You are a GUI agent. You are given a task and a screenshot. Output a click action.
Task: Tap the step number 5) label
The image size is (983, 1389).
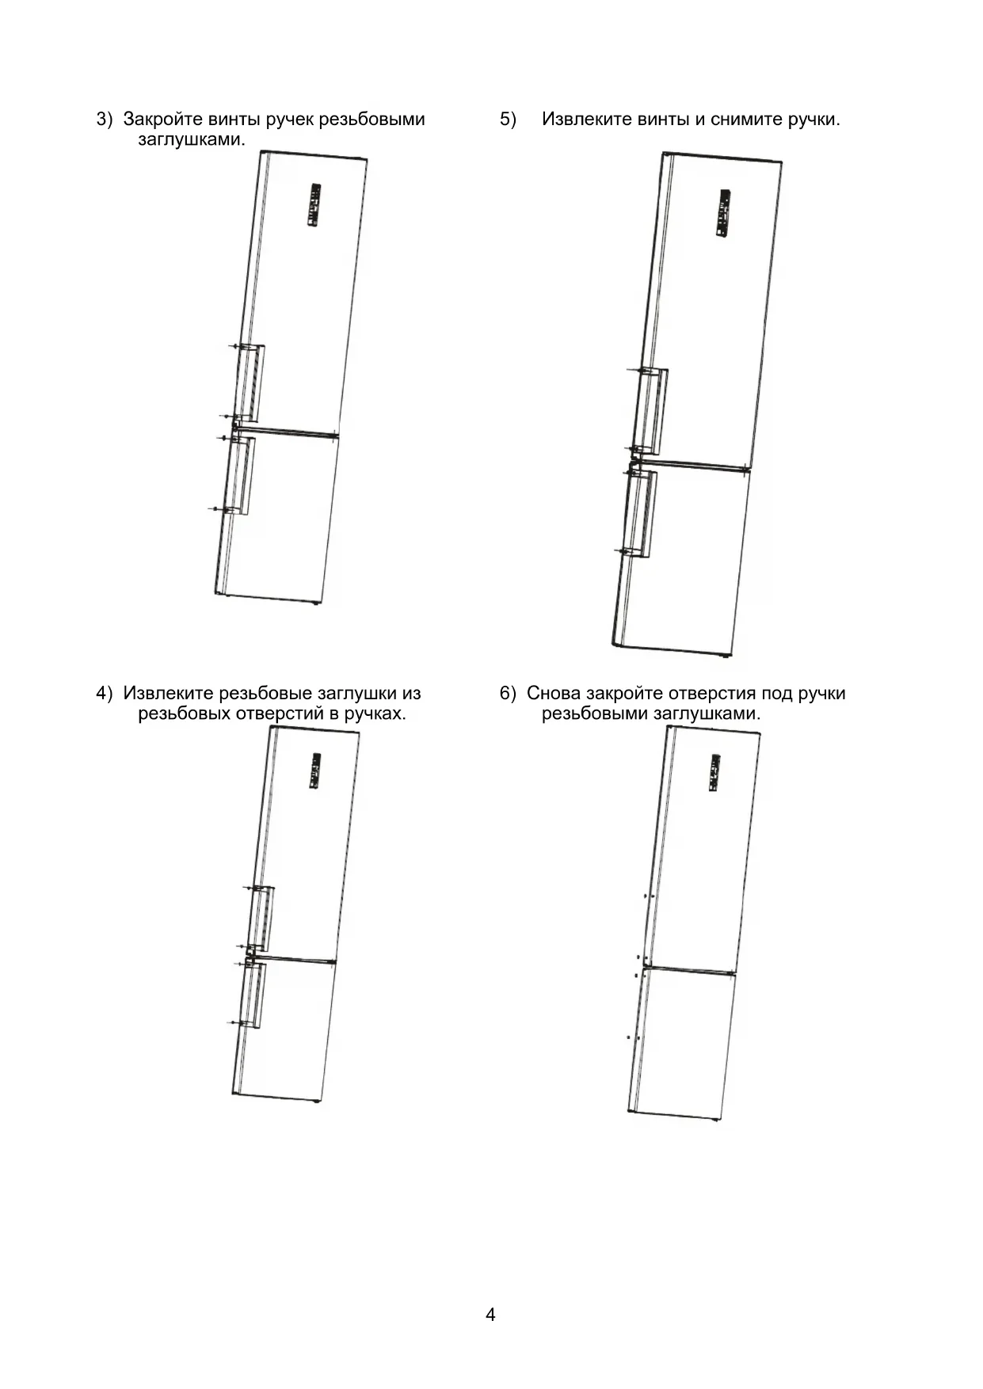coord(508,120)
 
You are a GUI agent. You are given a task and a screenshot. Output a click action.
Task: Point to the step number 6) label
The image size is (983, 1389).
coord(508,694)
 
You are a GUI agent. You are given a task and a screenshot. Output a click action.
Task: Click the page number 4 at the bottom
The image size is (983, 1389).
coord(490,1315)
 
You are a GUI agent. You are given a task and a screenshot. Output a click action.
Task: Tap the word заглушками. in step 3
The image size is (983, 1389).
coord(192,139)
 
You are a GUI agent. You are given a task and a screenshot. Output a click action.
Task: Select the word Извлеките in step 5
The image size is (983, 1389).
coord(586,120)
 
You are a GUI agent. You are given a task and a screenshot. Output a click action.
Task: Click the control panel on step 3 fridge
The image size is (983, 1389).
coord(314,206)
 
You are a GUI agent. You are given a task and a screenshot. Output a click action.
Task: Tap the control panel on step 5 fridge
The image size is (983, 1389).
coord(722,213)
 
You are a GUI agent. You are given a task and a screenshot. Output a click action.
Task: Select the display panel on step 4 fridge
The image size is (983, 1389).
coord(314,770)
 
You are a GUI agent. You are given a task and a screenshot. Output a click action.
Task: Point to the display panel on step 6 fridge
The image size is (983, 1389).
coord(714,772)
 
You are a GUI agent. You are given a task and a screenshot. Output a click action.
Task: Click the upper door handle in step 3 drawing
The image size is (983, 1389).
coord(252,382)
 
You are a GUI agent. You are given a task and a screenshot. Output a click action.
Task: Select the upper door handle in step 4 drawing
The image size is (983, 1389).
coord(261,919)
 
